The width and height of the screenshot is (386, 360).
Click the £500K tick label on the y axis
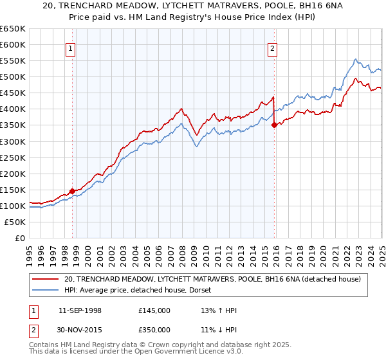pyautogui.click(x=13, y=77)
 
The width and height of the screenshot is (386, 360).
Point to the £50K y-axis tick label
pyautogui.click(x=15, y=222)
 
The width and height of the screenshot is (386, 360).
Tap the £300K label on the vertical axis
pyautogui.click(x=13, y=141)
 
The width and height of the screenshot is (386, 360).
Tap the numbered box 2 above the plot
pyautogui.click(x=273, y=48)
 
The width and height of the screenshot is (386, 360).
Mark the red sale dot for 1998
pyautogui.click(x=73, y=191)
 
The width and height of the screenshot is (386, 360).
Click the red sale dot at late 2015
pyautogui.click(x=275, y=125)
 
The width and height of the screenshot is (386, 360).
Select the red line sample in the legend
pyautogui.click(x=46, y=279)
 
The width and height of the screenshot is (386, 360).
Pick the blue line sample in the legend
pyautogui.click(x=46, y=290)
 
